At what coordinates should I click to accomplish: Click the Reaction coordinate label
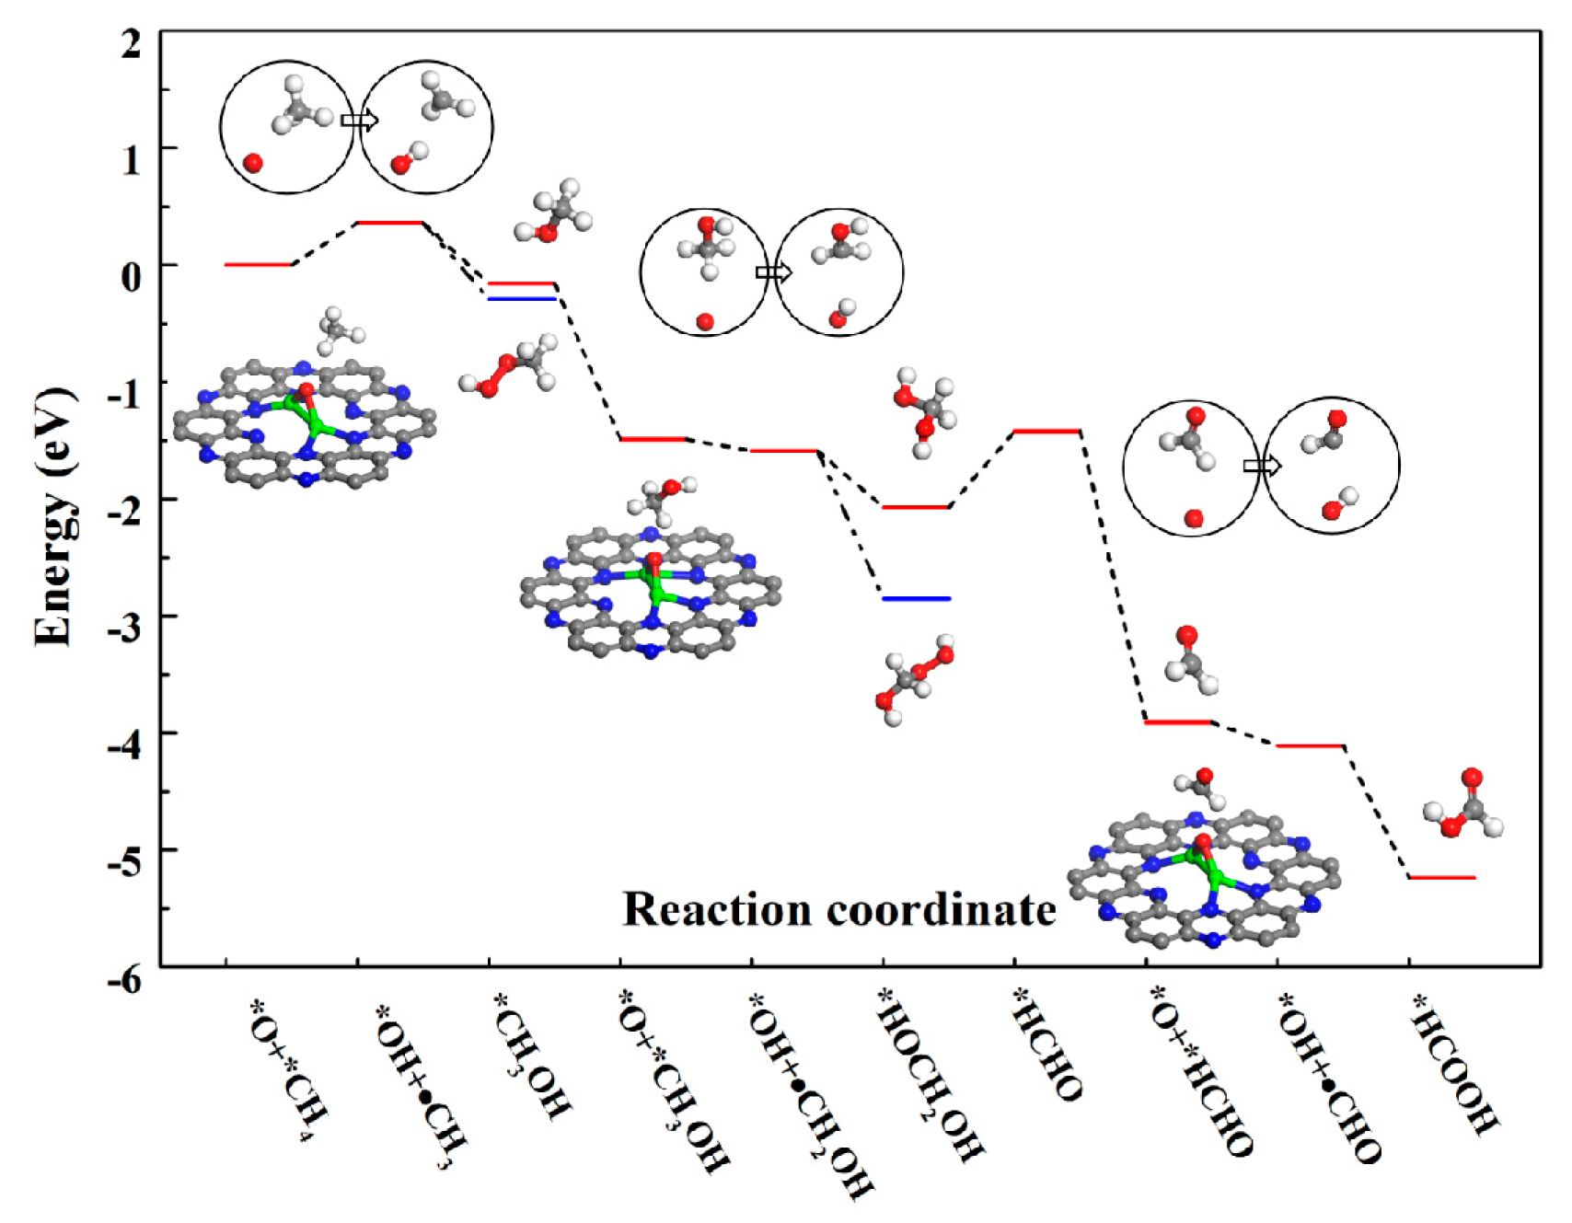[838, 909]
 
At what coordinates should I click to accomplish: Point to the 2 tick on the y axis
[132, 42]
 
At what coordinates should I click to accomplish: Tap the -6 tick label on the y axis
[125, 980]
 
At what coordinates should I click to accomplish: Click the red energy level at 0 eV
[259, 265]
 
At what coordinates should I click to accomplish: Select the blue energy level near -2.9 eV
[917, 599]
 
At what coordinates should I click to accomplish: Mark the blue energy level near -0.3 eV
[522, 299]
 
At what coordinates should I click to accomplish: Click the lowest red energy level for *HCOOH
[1442, 878]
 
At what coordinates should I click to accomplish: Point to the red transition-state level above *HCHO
[1047, 431]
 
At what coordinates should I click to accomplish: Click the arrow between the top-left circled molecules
[359, 120]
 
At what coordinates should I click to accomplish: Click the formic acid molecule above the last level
[1464, 802]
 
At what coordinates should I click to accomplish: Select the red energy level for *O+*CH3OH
[653, 439]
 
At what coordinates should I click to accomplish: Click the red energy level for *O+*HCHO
[1179, 722]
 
